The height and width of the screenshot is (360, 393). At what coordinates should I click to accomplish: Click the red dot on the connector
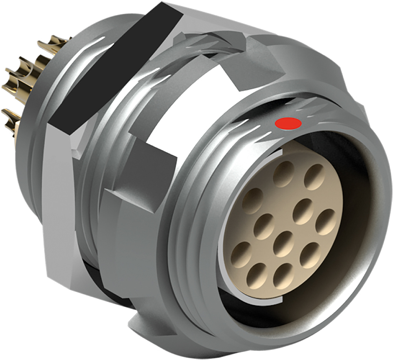[288, 123]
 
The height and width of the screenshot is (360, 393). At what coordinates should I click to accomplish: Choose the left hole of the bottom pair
[257, 274]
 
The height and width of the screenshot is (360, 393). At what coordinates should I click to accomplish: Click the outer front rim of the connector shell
[377, 220]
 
